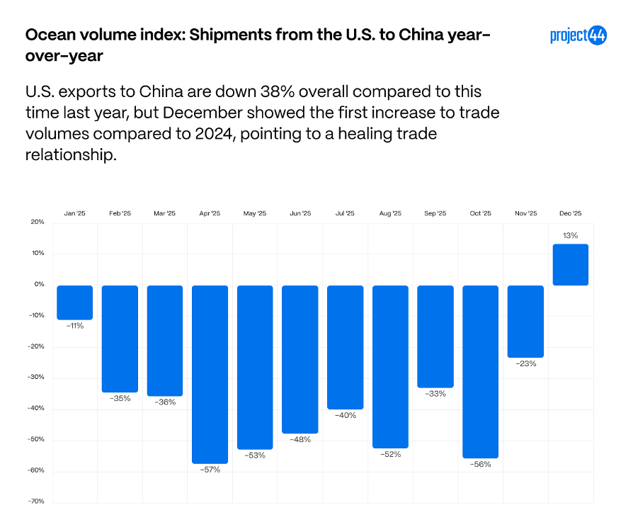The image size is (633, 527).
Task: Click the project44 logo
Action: click(578, 36)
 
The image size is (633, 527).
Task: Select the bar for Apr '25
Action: click(210, 374)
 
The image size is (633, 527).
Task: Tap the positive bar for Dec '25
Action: click(571, 265)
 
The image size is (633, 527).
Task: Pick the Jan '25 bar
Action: click(75, 302)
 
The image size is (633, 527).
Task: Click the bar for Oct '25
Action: click(480, 371)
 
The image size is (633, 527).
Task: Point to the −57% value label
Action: click(210, 470)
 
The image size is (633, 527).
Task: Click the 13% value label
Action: click(571, 235)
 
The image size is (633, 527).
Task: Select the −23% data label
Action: click(525, 363)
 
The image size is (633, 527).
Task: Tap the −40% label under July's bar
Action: click(346, 415)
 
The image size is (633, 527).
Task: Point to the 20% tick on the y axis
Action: click(38, 222)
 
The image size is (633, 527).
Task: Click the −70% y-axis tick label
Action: click(36, 501)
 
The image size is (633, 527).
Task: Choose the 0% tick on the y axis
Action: click(39, 284)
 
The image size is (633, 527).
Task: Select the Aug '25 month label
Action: click(390, 213)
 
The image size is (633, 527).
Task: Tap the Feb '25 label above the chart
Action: click(120, 213)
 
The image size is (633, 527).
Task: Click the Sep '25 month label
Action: click(435, 213)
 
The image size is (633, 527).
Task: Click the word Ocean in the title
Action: click(47, 35)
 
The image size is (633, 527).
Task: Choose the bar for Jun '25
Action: click(300, 359)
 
